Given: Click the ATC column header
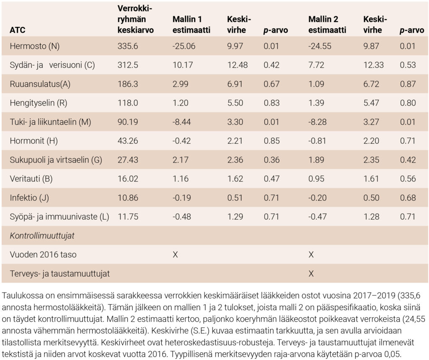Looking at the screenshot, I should [x=18, y=31].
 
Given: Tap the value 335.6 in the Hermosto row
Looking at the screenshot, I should [x=128, y=46].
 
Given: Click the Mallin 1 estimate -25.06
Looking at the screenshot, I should [x=184, y=46].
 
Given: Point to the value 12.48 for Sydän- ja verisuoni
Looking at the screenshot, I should [x=237, y=65].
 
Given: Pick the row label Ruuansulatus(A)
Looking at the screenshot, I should [x=40, y=84].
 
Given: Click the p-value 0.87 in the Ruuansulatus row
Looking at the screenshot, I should [x=408, y=84].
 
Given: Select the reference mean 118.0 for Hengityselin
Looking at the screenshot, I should [x=127, y=103].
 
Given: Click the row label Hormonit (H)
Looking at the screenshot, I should [x=34, y=141].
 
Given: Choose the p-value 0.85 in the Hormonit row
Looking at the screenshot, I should [x=271, y=141].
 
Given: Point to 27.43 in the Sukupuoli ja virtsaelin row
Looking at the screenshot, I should [x=128, y=160].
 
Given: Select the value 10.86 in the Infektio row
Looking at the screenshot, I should [x=128, y=198].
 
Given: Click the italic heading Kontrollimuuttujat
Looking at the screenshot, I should [x=42, y=236].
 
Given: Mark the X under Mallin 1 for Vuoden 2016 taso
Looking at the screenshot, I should [x=175, y=255].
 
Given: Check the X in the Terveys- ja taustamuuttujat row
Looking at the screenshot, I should [x=311, y=274].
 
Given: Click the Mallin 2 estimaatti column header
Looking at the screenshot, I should [x=327, y=25].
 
